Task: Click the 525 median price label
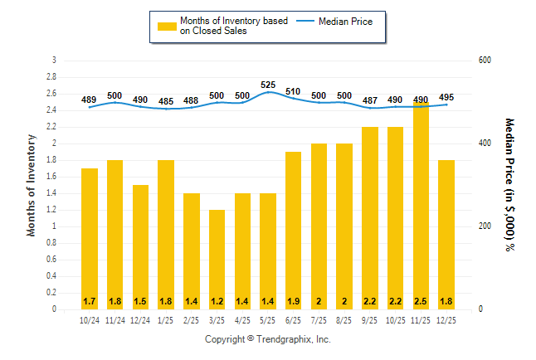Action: pyautogui.click(x=268, y=85)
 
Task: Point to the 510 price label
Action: pyautogui.click(x=294, y=91)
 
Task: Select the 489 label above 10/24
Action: pyautogui.click(x=90, y=100)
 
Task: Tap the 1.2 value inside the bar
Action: pyautogui.click(x=217, y=299)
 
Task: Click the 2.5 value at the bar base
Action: pyautogui.click(x=421, y=299)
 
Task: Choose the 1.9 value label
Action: pyautogui.click(x=294, y=299)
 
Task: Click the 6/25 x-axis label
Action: pyautogui.click(x=294, y=320)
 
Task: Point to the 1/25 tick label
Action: pyautogui.click(x=166, y=320)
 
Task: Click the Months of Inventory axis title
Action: pyautogui.click(x=32, y=184)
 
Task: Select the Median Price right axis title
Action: pyautogui.click(x=509, y=184)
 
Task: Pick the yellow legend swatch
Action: pyautogui.click(x=166, y=27)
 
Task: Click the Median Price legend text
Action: pyautogui.click(x=352, y=21)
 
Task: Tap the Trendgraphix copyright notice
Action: pyautogui.click(x=268, y=339)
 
